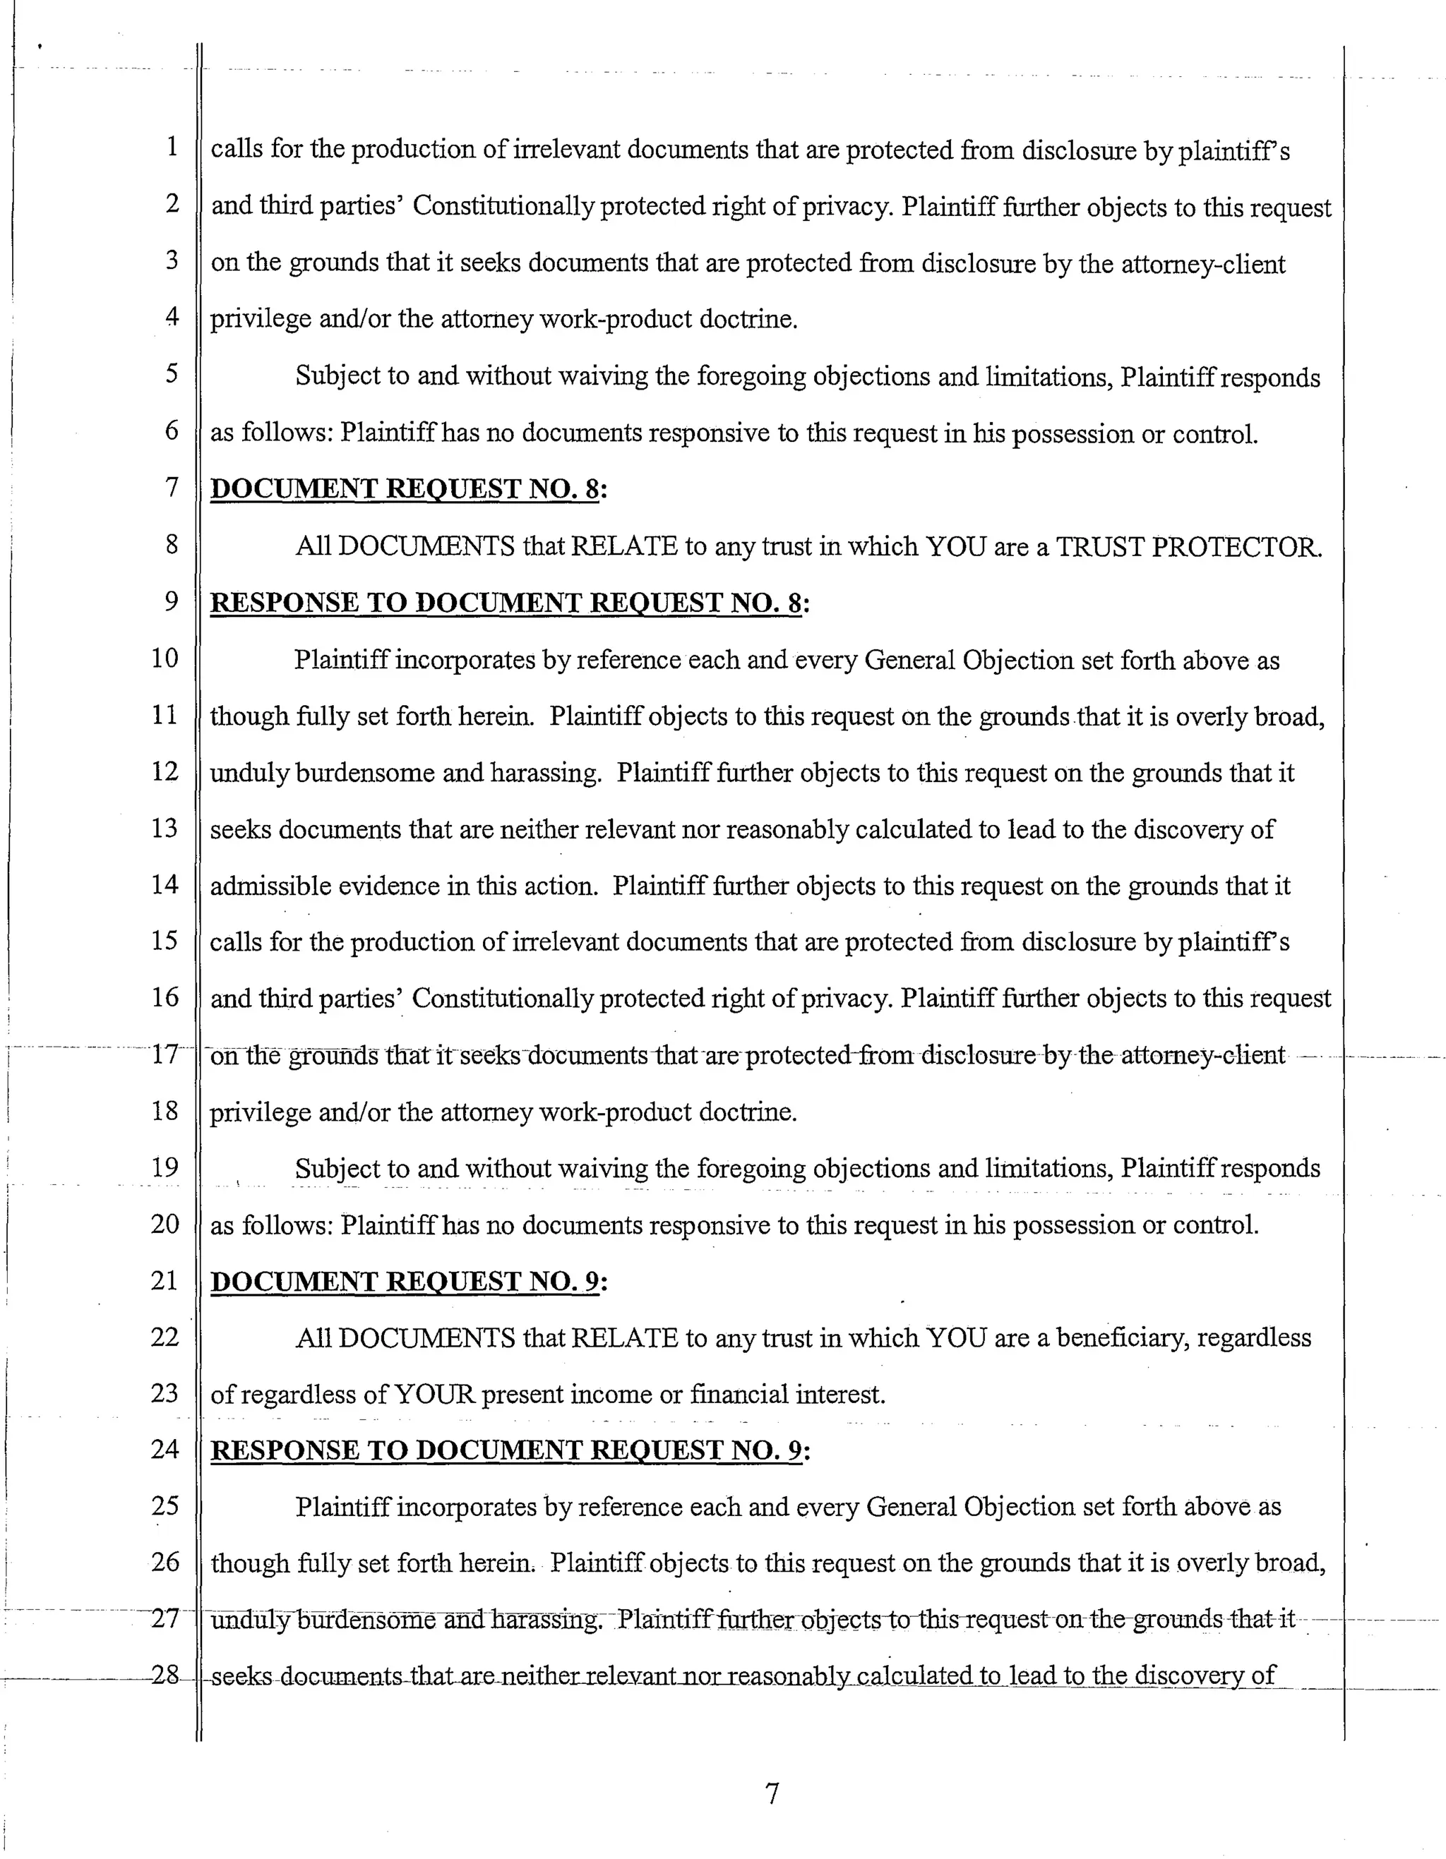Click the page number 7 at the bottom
tap(772, 1794)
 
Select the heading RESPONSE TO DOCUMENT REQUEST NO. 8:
tap(509, 603)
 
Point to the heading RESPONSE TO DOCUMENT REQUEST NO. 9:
tap(509, 1450)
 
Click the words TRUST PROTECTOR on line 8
tap(1189, 546)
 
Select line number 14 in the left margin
tap(165, 884)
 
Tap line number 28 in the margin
tap(165, 1675)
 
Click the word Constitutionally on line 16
tap(501, 999)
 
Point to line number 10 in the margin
tap(165, 658)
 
